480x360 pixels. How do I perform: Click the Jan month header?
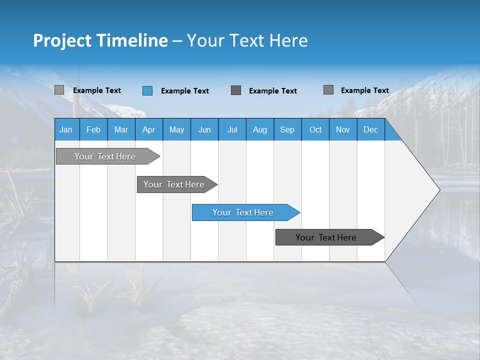pyautogui.click(x=66, y=130)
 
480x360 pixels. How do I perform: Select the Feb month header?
pyautogui.click(x=93, y=130)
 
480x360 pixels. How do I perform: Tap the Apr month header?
pyautogui.click(x=148, y=130)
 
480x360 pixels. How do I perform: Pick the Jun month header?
pyautogui.click(x=204, y=130)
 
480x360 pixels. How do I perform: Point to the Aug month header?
pyautogui.click(x=259, y=130)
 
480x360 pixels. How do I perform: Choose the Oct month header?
pyautogui.click(x=315, y=130)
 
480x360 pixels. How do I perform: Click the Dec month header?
pyautogui.click(x=370, y=130)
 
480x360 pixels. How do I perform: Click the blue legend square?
pyautogui.click(x=147, y=90)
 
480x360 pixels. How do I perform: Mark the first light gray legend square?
pyautogui.click(x=59, y=90)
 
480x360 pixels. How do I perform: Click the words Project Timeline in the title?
pyautogui.click(x=100, y=40)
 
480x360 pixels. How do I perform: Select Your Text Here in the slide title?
pyautogui.click(x=247, y=40)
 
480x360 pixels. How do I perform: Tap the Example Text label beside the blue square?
pyautogui.click(x=185, y=91)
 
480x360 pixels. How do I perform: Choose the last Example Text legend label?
pyautogui.click(x=365, y=90)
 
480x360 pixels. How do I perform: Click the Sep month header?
pyautogui.click(x=287, y=130)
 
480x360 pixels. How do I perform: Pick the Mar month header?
pyautogui.click(x=121, y=130)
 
